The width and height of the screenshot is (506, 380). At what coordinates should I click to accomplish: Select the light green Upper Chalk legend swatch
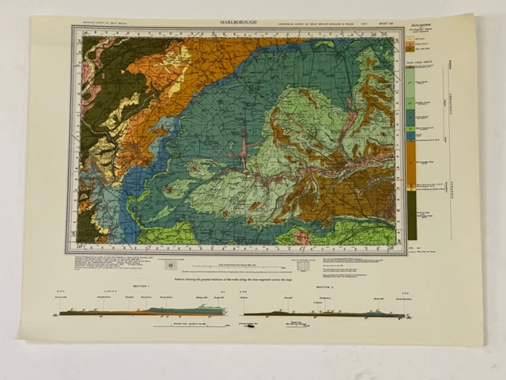pos(410,97)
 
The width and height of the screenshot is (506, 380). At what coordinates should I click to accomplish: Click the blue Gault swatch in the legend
pos(410,137)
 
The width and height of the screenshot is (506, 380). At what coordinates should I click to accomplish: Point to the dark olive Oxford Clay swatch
pos(410,221)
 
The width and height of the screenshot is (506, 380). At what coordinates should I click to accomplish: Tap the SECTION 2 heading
pos(327,287)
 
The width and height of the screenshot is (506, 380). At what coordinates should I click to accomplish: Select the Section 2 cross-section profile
pos(324,314)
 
